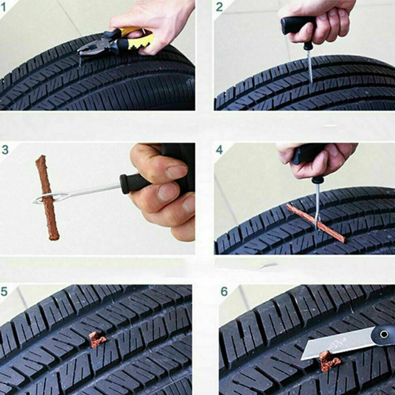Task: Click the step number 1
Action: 4,7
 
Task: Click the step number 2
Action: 219,7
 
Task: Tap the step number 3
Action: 5,149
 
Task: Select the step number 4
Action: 219,150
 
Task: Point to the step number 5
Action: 4,292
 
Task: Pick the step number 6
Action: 224,292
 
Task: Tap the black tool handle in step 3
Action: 134,183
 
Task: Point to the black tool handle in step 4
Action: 308,156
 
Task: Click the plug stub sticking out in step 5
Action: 96,339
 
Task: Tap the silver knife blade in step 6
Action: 336,344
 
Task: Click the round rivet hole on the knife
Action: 384,335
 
